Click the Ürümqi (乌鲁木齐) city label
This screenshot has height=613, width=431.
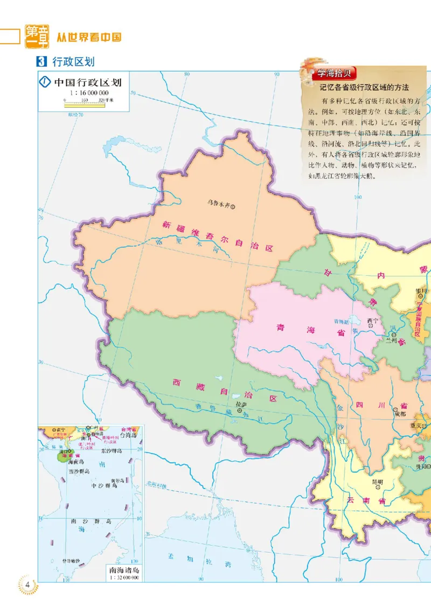219,204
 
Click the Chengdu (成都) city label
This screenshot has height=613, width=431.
400,414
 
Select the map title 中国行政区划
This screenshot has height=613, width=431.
88,82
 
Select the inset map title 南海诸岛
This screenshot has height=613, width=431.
123,570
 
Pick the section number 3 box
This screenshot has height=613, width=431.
43,61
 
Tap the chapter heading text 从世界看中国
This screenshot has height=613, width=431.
89,37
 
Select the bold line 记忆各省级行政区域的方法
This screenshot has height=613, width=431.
364,87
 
